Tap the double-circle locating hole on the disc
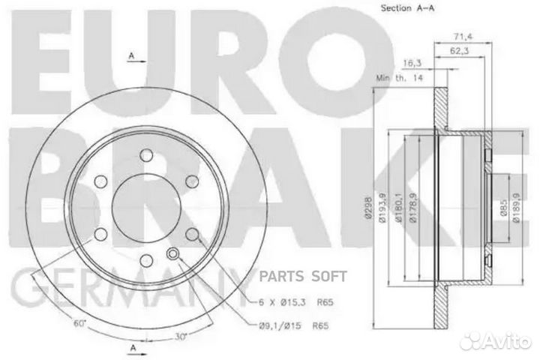click(175, 254)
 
